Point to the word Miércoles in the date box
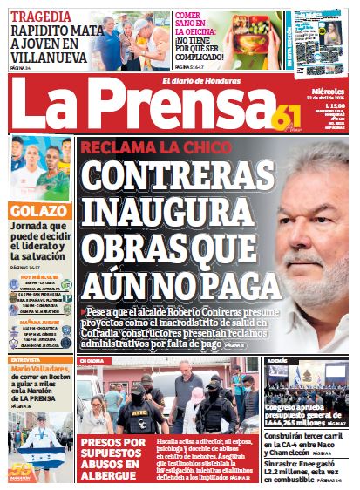point(328,90)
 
